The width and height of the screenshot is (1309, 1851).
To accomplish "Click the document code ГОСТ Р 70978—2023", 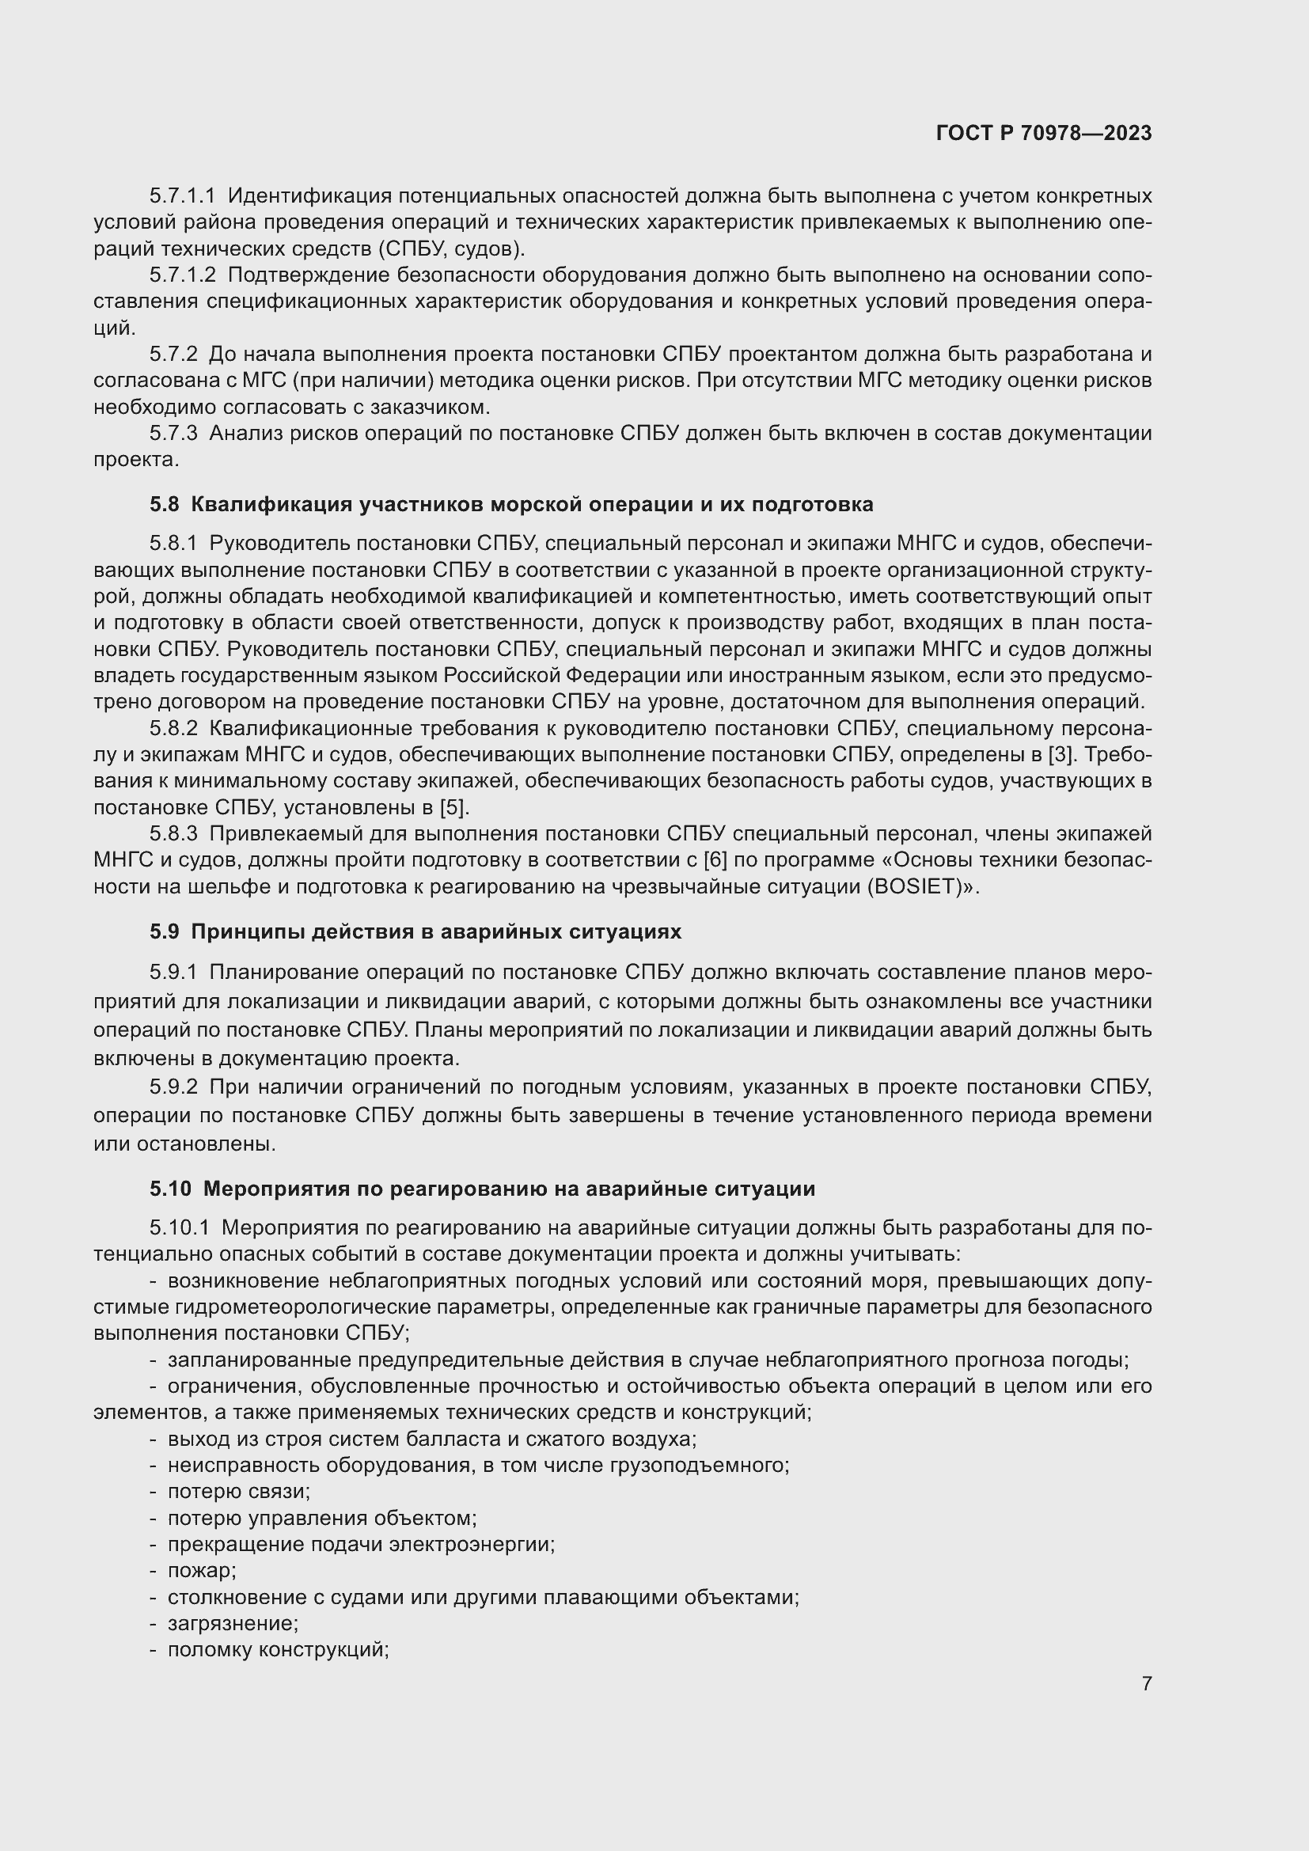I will (x=1044, y=133).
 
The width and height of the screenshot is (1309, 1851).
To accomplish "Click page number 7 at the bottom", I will (x=1146, y=1683).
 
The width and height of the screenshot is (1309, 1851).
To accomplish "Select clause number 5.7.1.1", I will (x=182, y=196).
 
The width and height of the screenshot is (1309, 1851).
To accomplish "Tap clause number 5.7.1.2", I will (x=182, y=275).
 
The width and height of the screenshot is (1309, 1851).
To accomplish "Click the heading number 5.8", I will (x=164, y=505).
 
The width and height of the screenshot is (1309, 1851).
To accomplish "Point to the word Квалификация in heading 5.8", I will (x=270, y=505).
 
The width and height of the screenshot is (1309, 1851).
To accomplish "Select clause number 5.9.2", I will (x=173, y=1087).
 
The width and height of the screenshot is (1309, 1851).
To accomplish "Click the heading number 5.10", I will (x=170, y=1189).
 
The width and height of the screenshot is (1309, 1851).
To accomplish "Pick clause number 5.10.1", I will (x=179, y=1228).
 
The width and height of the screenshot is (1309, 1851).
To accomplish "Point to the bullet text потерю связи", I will (x=238, y=1492).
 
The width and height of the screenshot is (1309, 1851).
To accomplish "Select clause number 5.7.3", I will (x=173, y=434).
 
